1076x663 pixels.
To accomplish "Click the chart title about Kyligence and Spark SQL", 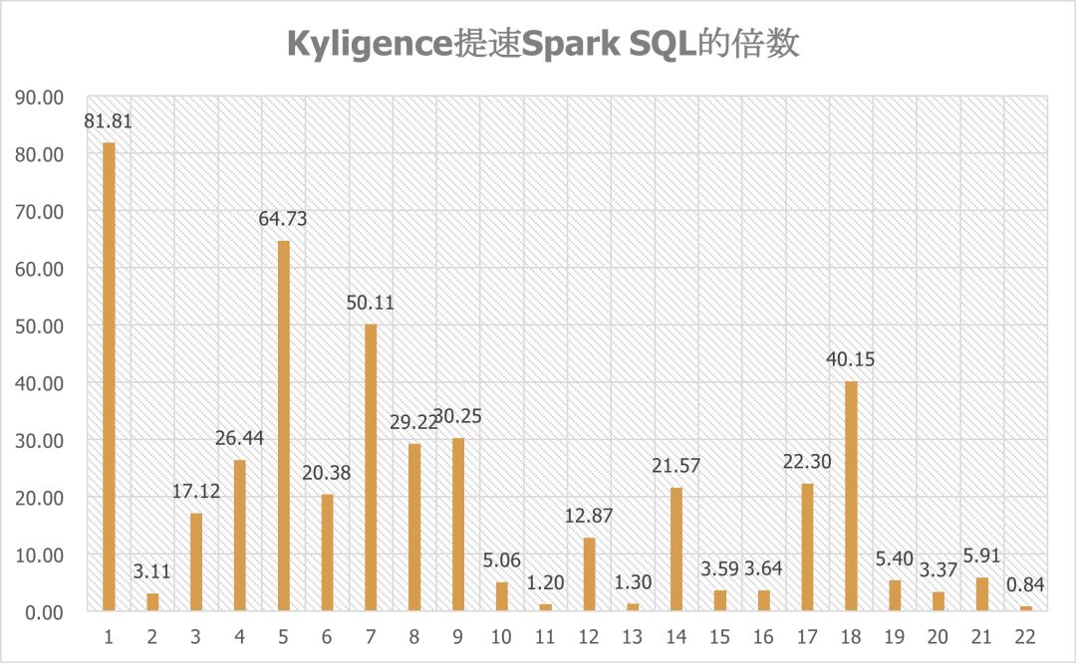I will pos(543,44).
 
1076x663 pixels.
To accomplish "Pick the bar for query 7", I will pos(371,467).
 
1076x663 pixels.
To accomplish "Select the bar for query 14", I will pos(676,549).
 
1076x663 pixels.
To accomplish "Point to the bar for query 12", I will pos(589,573).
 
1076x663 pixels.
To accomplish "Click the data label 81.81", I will pos(109,122).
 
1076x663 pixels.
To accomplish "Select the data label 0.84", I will pos(1025,585).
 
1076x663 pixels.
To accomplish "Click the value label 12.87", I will pos(589,517).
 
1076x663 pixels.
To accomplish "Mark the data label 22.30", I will pos(807,463).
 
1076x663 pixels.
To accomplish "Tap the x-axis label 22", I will pos(1025,635).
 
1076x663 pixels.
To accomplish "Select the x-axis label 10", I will pos(501,635).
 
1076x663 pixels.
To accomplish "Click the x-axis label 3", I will pos(196,635).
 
